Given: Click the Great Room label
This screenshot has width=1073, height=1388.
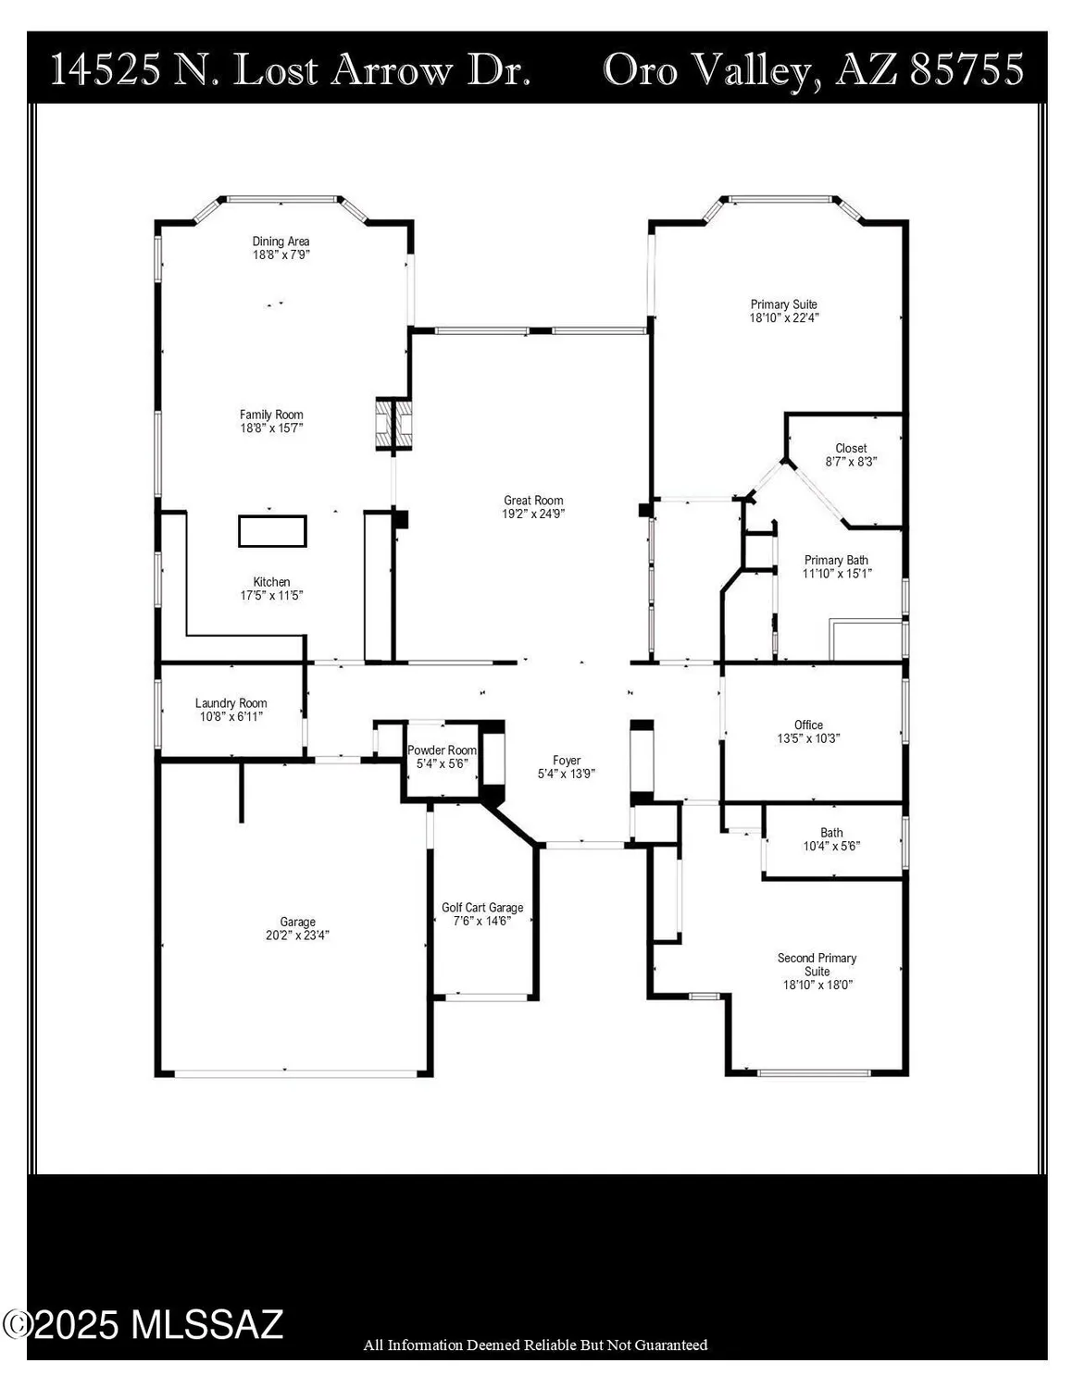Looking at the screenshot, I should [533, 501].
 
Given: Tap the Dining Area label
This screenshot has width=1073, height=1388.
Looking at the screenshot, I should [281, 242].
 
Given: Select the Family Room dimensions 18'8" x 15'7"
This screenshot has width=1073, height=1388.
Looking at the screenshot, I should [271, 428].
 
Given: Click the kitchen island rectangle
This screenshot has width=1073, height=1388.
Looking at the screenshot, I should [272, 531].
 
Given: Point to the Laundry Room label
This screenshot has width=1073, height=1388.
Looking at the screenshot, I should [231, 703].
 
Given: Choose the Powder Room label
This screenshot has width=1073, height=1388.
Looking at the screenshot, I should [442, 750].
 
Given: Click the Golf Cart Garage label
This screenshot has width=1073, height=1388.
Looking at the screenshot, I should [482, 908].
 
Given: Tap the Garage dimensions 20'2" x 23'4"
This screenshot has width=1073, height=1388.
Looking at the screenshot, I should [298, 936].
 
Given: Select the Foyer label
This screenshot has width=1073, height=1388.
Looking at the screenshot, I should [567, 761].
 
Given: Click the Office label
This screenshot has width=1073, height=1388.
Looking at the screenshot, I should [808, 725].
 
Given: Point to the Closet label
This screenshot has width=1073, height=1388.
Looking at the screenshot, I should [851, 448].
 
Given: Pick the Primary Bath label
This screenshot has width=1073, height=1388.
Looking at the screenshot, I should [836, 560].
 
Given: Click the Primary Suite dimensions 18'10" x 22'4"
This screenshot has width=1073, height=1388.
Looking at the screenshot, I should [784, 317].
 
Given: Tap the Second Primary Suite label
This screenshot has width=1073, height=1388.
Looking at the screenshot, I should [817, 964].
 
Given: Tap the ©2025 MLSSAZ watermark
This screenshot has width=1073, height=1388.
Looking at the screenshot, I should [143, 1325].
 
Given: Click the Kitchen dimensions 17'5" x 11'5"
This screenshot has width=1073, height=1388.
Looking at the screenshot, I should [271, 596].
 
